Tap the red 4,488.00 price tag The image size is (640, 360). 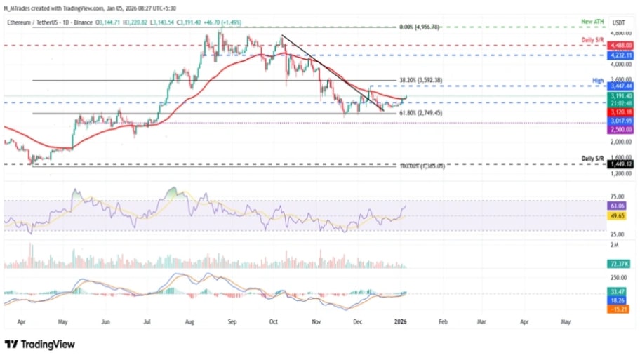point(620,45)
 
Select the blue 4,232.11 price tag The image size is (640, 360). point(620,55)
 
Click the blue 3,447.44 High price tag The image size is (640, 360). point(620,86)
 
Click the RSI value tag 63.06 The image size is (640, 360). point(618,207)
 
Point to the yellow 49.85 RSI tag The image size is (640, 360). point(618,216)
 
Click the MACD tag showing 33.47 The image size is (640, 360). point(618,291)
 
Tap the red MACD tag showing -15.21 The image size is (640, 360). point(618,309)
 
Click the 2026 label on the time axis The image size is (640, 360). point(401,322)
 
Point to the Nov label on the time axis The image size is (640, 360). point(316,322)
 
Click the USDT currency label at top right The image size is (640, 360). point(619,22)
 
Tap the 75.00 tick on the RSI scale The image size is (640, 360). point(618,198)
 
